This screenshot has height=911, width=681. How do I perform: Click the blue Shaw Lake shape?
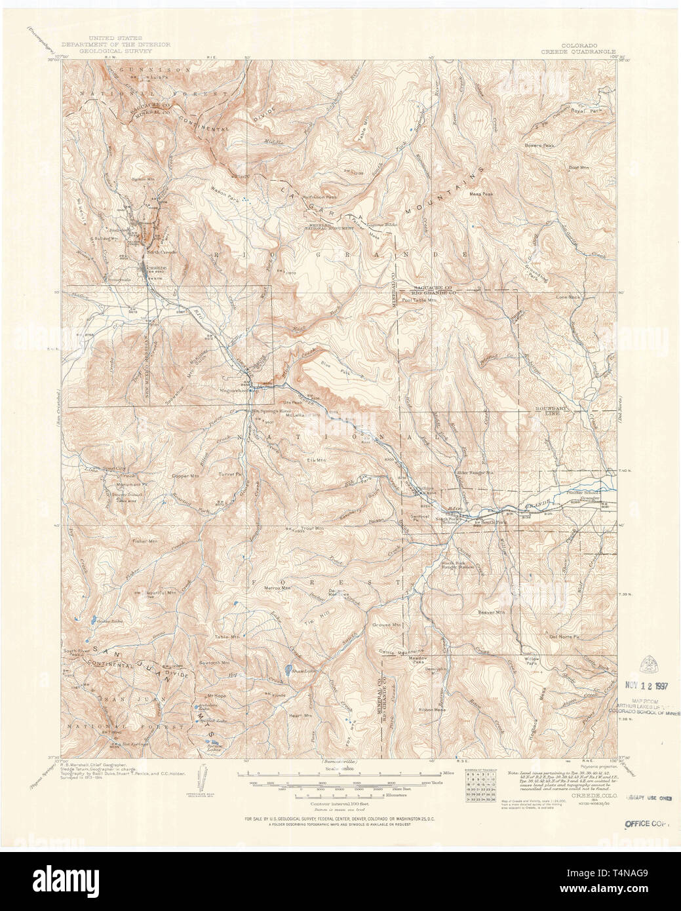pos(287,670)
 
